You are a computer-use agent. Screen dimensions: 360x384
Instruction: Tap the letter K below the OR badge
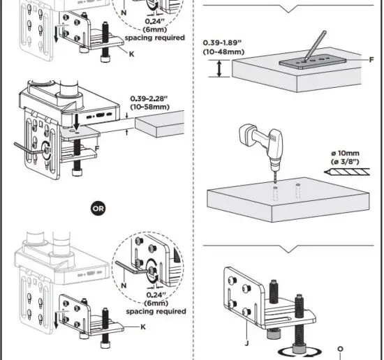coord(143,327)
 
